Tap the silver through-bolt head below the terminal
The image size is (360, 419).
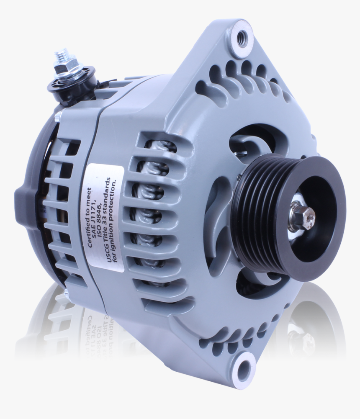59,113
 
